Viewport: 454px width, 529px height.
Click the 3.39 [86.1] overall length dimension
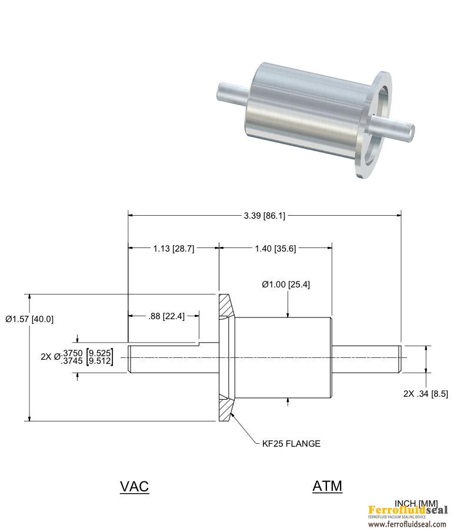pyautogui.click(x=265, y=216)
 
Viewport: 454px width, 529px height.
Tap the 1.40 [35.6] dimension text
pyautogui.click(x=275, y=249)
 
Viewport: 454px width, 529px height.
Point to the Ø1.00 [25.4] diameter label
pyautogui.click(x=286, y=284)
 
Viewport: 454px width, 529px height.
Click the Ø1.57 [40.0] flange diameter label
pyautogui.click(x=29, y=319)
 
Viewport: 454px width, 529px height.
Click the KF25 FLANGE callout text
pyautogui.click(x=291, y=444)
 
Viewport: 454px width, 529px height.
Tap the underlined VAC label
pyautogui.click(x=134, y=487)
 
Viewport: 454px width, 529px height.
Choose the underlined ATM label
pyautogui.click(x=327, y=486)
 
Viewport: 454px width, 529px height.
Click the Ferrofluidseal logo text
pyautogui.click(x=408, y=510)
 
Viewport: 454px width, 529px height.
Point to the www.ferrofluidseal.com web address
pyautogui.click(x=408, y=524)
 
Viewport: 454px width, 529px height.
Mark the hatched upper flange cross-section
pyautogui.click(x=226, y=306)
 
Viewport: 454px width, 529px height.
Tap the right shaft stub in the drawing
pyautogui.click(x=368, y=357)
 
